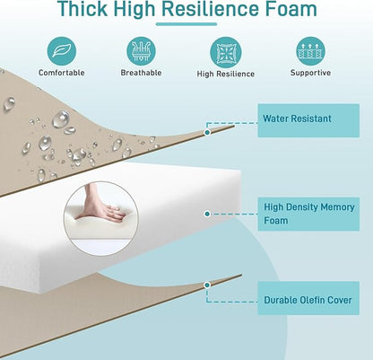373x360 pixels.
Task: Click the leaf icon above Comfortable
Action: [x=62, y=51]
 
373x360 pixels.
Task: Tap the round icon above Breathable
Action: [x=141, y=51]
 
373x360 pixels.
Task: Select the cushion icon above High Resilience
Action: [x=225, y=52]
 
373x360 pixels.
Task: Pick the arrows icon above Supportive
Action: [x=310, y=51]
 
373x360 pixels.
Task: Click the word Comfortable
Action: [x=62, y=73]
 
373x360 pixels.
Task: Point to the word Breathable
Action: [x=141, y=73]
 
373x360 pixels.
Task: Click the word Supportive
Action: [x=310, y=73]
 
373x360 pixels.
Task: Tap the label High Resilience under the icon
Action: [x=226, y=74]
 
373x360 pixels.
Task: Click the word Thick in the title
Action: [x=82, y=9]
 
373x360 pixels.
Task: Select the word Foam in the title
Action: [x=291, y=9]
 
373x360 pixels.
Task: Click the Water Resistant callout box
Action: [x=308, y=120]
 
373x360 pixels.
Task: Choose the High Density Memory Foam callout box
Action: [x=308, y=214]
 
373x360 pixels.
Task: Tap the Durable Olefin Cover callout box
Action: [x=308, y=298]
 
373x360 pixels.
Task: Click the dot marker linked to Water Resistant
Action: [x=207, y=132]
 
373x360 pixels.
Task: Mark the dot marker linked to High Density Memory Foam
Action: [x=207, y=214]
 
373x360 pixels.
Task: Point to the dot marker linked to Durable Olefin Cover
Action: [x=207, y=285]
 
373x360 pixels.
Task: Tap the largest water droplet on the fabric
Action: [x=61, y=119]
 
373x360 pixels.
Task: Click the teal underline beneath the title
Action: [x=186, y=24]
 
